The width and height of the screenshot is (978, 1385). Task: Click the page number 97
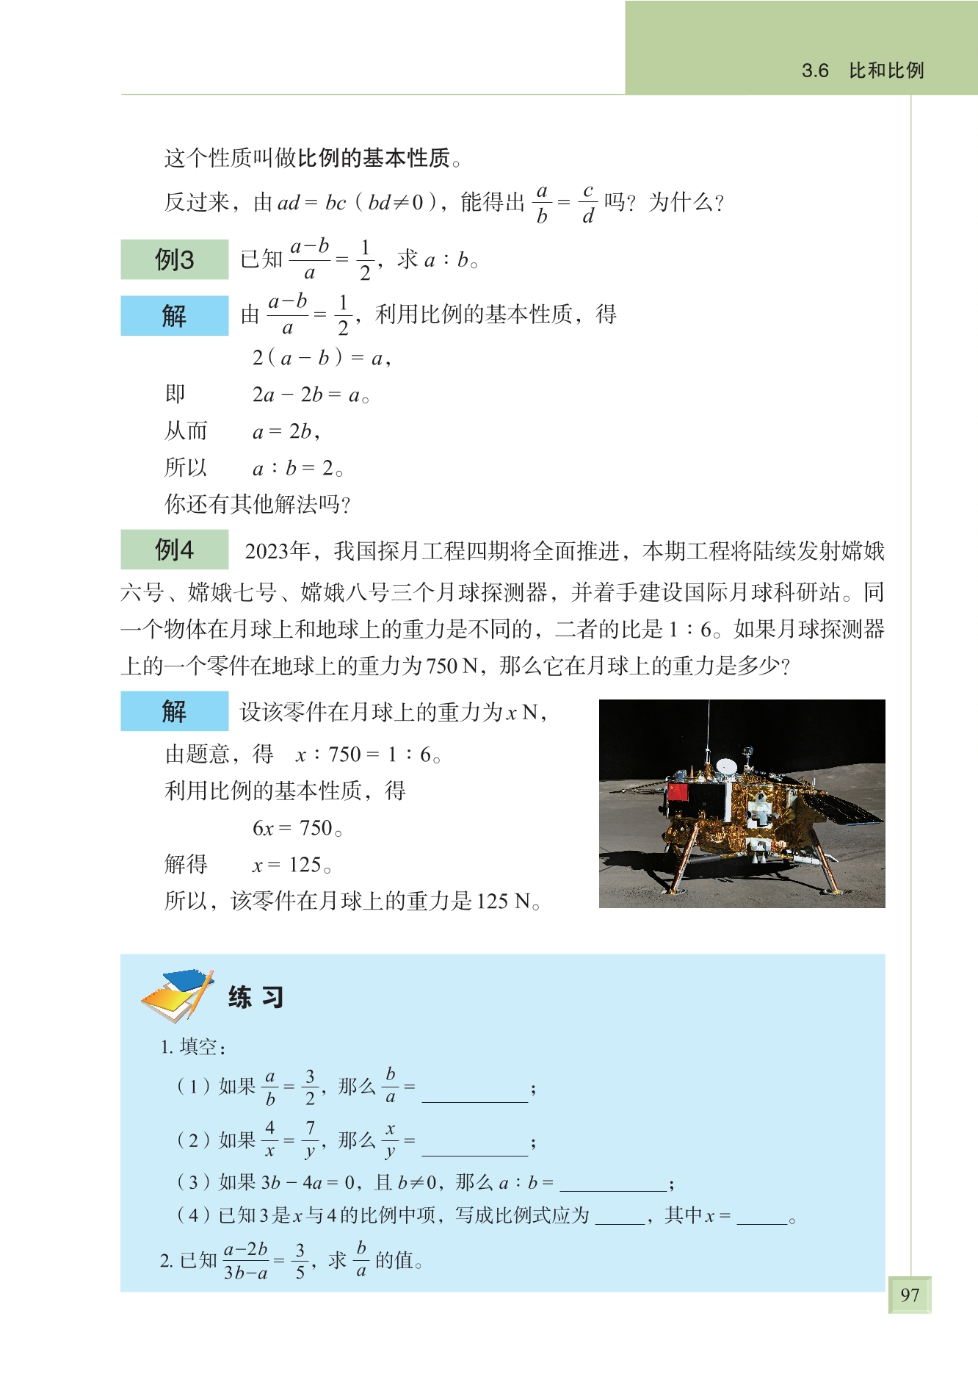pos(909,1294)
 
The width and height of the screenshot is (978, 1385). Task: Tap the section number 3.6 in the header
pos(815,71)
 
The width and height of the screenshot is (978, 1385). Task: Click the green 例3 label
pos(175,259)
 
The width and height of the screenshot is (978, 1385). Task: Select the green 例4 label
pos(175,549)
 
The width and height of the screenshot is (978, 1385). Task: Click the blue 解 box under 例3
pos(175,315)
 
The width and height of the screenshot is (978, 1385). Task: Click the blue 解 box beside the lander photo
pos(175,711)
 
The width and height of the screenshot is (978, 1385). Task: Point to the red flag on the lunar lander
pos(678,792)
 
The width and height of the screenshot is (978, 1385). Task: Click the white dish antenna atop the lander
pos(726,766)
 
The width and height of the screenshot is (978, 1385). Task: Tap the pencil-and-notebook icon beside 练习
pos(177,995)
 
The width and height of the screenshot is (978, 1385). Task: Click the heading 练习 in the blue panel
pos(256,997)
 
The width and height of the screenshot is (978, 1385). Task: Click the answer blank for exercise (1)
pos(474,1093)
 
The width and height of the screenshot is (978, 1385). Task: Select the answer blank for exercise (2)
pos(474,1147)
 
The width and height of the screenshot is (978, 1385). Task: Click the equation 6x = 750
pos(297,828)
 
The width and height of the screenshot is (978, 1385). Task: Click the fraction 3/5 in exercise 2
pos(300,1261)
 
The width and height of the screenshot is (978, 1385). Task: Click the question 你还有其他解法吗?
pos(258,504)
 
